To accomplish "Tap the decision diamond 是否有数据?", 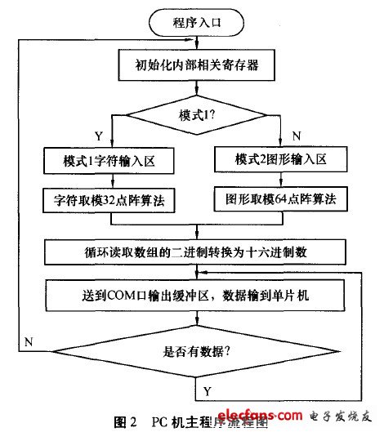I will (193, 353).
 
